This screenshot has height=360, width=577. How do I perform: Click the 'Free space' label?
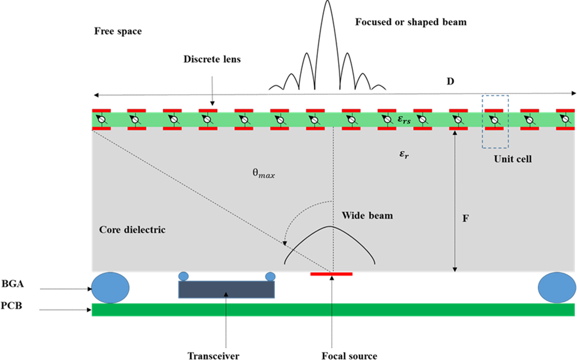[118, 31]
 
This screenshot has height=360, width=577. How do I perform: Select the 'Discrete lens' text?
[212, 59]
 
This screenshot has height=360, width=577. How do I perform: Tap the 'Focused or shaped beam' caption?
[411, 22]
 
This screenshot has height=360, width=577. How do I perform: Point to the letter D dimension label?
[450, 81]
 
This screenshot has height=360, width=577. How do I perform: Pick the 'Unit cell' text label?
[513, 159]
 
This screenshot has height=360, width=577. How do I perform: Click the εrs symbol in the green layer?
[404, 120]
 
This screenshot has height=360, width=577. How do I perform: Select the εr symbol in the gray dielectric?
[404, 155]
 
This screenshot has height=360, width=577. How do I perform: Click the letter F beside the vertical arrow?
[465, 219]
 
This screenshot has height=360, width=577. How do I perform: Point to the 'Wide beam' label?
[367, 215]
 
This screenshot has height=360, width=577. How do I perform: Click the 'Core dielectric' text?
[132, 230]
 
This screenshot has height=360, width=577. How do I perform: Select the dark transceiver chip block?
[226, 289]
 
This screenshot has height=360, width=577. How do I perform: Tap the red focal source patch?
[331, 274]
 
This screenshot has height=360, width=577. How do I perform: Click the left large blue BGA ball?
[110, 287]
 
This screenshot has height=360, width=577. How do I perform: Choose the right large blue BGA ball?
[557, 287]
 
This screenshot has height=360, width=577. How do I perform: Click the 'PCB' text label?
[11, 306]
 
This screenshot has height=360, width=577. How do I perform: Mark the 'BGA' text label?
[12, 284]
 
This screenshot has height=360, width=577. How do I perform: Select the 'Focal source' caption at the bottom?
[349, 355]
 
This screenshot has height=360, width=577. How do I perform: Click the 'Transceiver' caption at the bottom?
[213, 355]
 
